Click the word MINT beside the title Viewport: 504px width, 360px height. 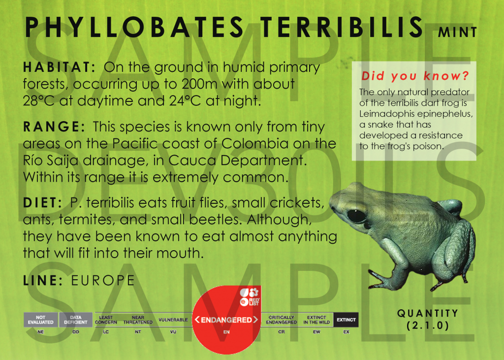click(x=457, y=32)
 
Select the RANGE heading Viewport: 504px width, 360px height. click(x=54, y=127)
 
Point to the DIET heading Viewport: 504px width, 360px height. click(x=42, y=203)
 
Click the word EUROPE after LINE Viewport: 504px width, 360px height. click(x=103, y=281)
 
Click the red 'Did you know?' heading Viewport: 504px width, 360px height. click(x=415, y=76)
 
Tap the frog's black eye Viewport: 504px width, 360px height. click(x=356, y=216)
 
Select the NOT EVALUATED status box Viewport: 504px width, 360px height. click(x=40, y=320)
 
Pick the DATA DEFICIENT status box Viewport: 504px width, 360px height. click(x=75, y=320)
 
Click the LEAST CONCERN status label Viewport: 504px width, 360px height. click(x=106, y=320)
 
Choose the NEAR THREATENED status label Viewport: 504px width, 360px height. click(x=138, y=320)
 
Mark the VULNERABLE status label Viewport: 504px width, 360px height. click(x=173, y=320)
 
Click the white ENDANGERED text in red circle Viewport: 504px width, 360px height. click(x=226, y=320)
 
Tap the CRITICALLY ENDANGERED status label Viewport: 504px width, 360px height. click(x=282, y=320)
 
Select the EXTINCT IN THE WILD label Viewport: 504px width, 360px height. click(x=316, y=320)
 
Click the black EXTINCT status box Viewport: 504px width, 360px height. click(x=346, y=320)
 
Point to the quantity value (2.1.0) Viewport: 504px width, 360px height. click(x=428, y=326)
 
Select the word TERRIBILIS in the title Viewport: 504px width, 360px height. click(x=342, y=27)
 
